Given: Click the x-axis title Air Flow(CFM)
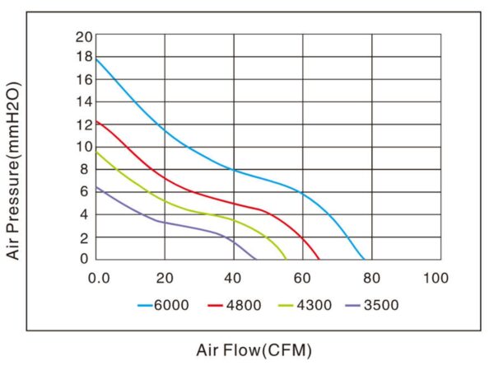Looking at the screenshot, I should click(254, 349).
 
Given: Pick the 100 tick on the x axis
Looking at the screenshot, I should click(436, 277).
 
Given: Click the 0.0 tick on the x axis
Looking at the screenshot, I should click(99, 277).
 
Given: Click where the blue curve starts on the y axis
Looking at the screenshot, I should click(97, 59).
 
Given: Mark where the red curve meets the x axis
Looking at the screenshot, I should click(319, 259).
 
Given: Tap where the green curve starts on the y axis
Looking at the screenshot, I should click(97, 152).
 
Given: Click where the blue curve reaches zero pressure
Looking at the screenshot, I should click(364, 259).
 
